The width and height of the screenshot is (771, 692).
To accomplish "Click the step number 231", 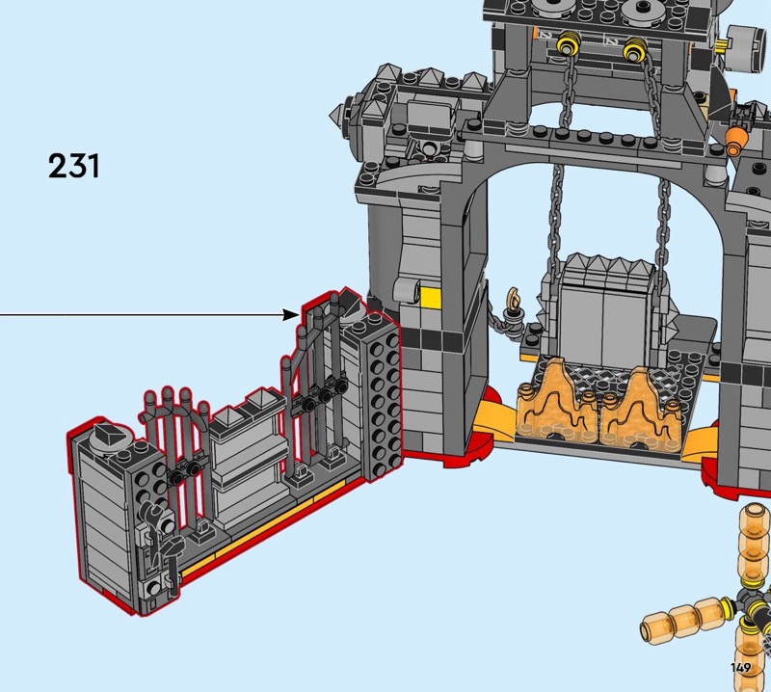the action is (x=74, y=166).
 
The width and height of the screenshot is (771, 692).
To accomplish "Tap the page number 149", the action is (x=740, y=667).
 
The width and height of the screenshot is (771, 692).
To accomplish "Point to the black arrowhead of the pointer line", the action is (x=291, y=315).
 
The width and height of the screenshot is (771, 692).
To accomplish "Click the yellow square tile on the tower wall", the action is (x=431, y=297).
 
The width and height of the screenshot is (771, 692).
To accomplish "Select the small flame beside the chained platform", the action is (x=515, y=298).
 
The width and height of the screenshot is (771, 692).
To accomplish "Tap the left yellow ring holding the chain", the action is (x=569, y=47).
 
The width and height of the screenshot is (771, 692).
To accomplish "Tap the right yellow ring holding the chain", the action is (x=635, y=50).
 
